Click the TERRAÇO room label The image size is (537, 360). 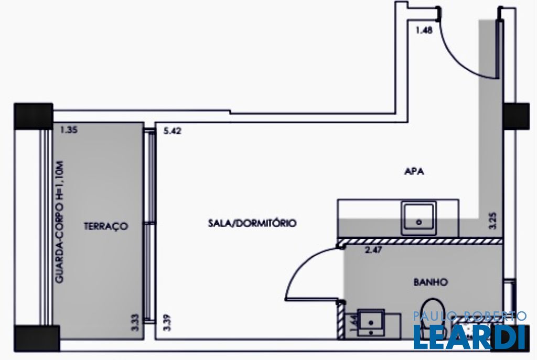click(105, 226)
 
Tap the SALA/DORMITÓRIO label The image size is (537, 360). click(252, 223)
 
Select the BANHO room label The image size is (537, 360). click(431, 282)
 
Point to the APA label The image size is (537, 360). click(414, 171)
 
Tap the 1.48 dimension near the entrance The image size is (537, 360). click(424, 30)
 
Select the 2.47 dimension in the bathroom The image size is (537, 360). click(374, 250)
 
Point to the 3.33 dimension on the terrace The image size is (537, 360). click(135, 319)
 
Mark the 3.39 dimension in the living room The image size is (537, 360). click(167, 320)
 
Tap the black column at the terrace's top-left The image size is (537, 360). click(34, 116)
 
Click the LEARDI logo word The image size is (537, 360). click(469, 337)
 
